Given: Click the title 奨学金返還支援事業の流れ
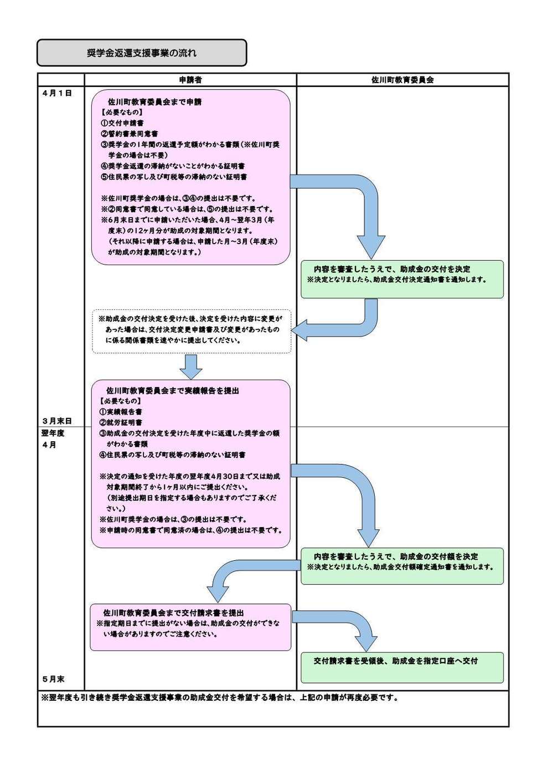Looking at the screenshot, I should click(x=141, y=53).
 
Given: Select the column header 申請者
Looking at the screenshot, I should click(x=190, y=80).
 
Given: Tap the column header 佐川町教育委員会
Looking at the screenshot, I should click(x=402, y=80).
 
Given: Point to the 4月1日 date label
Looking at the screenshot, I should click(x=57, y=94).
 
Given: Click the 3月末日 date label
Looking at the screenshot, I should click(x=57, y=421).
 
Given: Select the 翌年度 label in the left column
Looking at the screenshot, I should click(x=53, y=433).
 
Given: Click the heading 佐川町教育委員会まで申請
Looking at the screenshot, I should click(x=154, y=102).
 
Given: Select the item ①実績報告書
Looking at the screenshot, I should click(x=121, y=412).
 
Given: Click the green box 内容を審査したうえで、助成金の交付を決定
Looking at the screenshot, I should click(x=402, y=279).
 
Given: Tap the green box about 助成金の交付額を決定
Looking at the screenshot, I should click(x=402, y=566).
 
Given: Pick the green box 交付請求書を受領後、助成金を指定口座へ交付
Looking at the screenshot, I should click(x=402, y=667).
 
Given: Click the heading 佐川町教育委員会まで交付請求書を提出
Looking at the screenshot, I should click(x=174, y=613).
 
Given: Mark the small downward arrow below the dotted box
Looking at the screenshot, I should click(x=191, y=366).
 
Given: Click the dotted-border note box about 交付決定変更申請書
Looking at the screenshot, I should click(x=191, y=330).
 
